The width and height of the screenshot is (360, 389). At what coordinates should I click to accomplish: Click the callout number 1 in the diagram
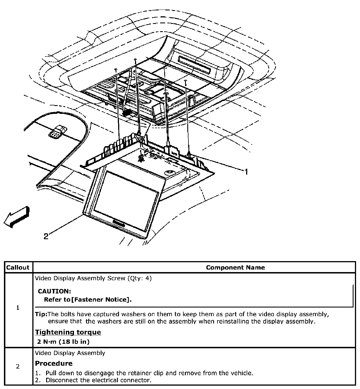(246, 171)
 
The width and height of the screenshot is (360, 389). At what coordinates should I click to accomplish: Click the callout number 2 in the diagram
(46, 236)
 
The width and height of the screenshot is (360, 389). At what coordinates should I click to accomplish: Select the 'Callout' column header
(18, 267)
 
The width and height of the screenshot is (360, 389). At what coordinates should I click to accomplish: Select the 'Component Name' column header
(235, 267)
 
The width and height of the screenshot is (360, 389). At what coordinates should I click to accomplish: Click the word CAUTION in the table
(55, 291)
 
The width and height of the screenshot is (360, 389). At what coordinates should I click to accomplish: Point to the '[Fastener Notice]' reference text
(102, 299)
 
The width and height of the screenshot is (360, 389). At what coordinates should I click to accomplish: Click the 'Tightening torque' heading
(68, 332)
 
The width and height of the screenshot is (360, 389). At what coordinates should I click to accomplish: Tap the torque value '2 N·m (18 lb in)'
(63, 342)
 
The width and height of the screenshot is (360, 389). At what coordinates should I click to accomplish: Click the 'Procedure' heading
(54, 363)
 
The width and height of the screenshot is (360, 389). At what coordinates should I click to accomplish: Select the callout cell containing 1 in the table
(18, 307)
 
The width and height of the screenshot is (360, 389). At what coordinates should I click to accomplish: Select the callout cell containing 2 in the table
(18, 366)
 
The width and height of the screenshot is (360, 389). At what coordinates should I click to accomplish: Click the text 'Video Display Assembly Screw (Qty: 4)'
(93, 278)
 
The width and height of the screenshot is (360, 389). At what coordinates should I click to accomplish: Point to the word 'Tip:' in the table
(41, 314)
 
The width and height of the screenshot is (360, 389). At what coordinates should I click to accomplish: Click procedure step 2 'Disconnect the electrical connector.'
(98, 380)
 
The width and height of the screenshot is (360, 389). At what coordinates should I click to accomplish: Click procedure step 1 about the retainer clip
(149, 373)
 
